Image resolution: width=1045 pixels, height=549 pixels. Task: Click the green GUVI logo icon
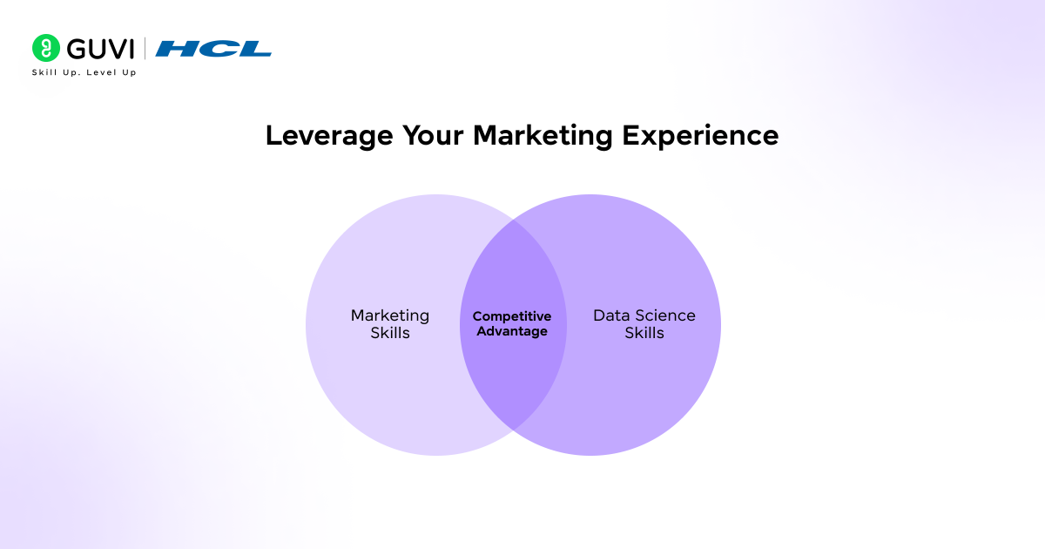point(45,48)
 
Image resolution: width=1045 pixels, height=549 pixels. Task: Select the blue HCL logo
point(212,49)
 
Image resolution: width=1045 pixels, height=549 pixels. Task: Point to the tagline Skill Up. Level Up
point(84,72)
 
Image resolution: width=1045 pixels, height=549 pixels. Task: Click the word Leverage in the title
point(327,136)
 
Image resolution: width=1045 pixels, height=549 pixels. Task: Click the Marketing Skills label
point(390,323)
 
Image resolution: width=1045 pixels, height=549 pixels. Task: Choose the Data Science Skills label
point(644,323)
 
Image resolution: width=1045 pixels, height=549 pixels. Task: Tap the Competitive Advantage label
point(512,323)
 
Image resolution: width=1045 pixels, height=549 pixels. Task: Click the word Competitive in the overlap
point(512,316)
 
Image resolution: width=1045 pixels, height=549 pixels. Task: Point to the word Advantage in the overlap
point(512,331)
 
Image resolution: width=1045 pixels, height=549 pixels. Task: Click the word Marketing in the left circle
point(390,315)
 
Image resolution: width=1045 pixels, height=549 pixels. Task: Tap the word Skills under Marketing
point(390,333)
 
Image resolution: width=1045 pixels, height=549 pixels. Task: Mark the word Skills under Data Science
point(644,333)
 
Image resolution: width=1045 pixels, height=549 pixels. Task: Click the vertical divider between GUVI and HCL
point(145,48)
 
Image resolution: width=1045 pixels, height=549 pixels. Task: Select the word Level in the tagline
point(100,72)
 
